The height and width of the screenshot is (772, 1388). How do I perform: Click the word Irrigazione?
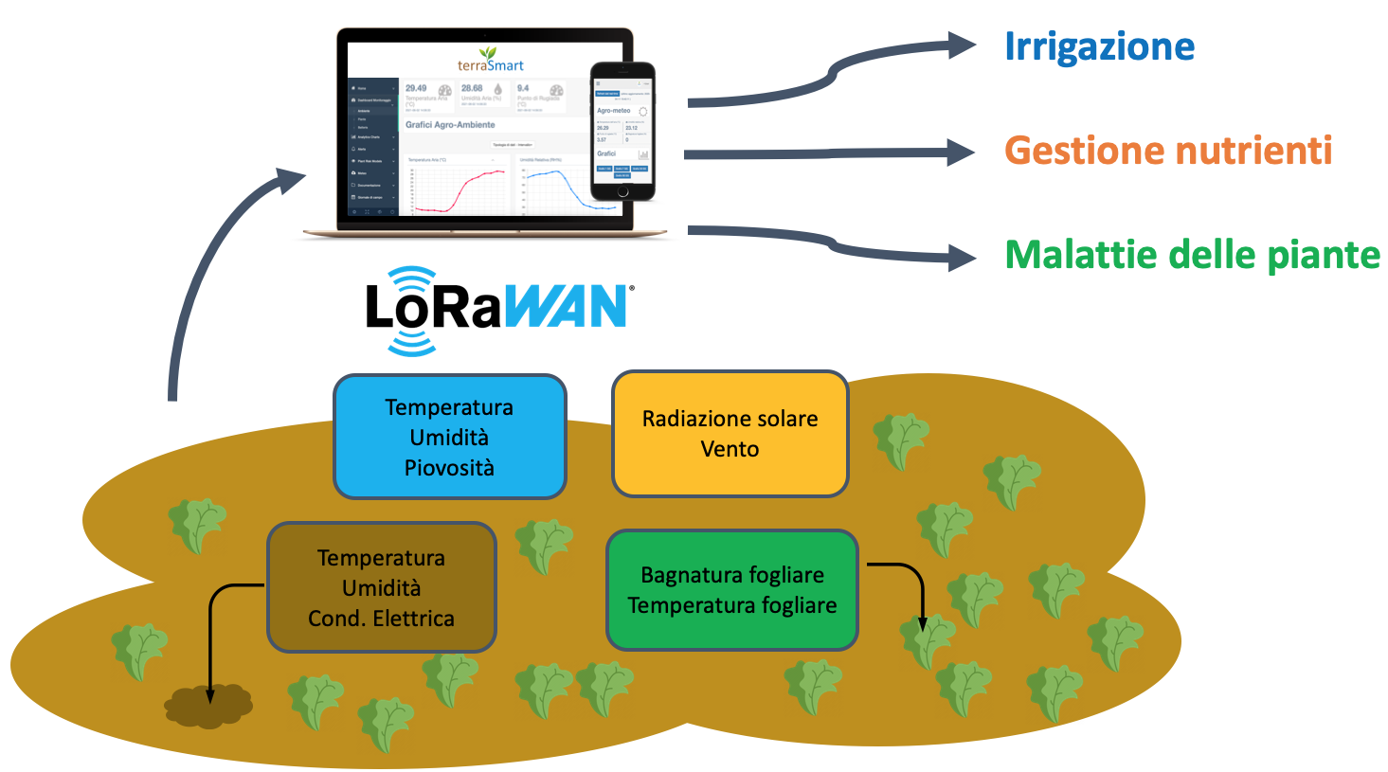1099,46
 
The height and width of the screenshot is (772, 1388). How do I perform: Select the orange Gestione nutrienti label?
1167,151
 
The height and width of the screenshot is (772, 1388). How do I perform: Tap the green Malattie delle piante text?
1192,255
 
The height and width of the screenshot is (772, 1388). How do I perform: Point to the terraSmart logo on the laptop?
490,62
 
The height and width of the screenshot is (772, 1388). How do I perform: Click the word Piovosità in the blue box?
449,468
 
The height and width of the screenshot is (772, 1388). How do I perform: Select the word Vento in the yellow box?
730,449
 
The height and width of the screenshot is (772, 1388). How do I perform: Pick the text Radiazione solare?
730,419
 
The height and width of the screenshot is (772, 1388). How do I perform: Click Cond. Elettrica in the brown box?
381,619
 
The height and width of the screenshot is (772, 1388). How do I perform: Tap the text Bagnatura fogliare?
732,575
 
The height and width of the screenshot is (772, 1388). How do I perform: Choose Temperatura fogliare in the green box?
732,605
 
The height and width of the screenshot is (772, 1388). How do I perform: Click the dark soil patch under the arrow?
208,706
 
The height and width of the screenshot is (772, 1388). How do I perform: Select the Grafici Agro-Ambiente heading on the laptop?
450,125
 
